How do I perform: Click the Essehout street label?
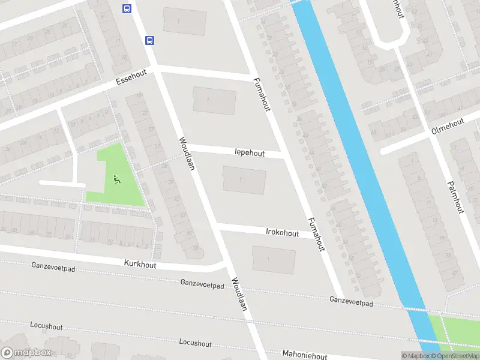point(131,79)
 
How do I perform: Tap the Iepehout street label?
point(250,153)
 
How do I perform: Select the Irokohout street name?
point(282,231)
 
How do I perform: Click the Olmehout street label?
point(448,127)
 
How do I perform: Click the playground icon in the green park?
point(117,178)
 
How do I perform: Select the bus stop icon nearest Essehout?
point(149,40)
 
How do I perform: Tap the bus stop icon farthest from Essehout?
point(127,8)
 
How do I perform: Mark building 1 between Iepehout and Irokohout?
point(244,180)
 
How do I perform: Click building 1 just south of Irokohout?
point(274,259)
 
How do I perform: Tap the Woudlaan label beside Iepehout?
point(187,153)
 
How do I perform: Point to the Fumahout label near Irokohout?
point(316,234)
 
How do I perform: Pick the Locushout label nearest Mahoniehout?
point(195,343)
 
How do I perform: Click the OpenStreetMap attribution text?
point(454,356)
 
